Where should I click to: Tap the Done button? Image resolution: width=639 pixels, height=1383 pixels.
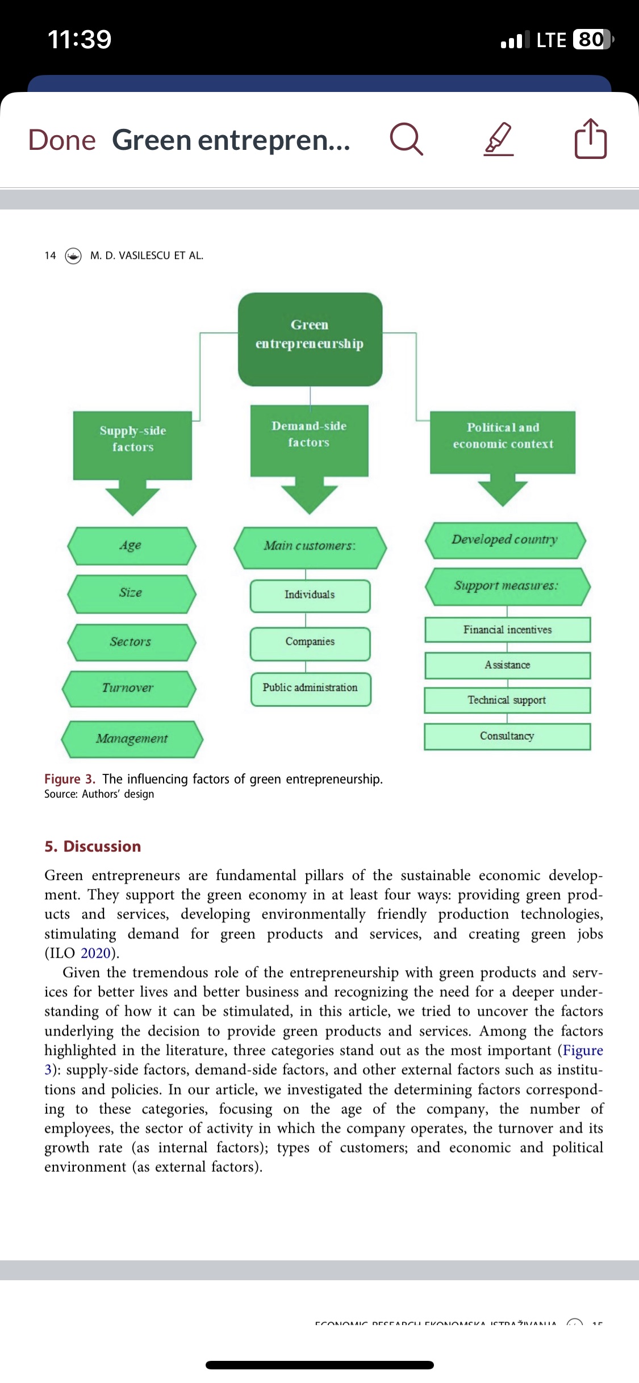(x=62, y=140)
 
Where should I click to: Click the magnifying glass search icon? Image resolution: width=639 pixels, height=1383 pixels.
(x=406, y=139)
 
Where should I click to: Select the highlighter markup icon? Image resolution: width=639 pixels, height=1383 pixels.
(x=499, y=139)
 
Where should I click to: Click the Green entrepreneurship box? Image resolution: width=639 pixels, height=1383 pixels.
(x=310, y=339)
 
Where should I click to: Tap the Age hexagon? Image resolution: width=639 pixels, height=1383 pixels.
(x=131, y=546)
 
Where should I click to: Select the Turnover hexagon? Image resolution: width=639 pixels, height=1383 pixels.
(x=129, y=688)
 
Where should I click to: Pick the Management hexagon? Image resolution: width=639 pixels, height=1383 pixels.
(x=132, y=739)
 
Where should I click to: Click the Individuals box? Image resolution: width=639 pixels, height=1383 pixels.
(x=310, y=595)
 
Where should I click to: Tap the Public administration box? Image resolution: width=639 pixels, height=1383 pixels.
(x=310, y=688)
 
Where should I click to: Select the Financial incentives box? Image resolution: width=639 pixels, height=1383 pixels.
(x=507, y=630)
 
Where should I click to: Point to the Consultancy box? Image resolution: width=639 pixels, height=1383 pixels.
(x=507, y=736)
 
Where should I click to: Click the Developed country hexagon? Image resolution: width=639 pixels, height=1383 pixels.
(x=505, y=540)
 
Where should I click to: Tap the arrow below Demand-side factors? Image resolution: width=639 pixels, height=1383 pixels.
(x=310, y=494)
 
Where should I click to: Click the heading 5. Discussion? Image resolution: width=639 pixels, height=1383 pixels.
(x=93, y=846)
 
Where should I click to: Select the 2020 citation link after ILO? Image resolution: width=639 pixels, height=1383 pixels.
(x=95, y=953)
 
